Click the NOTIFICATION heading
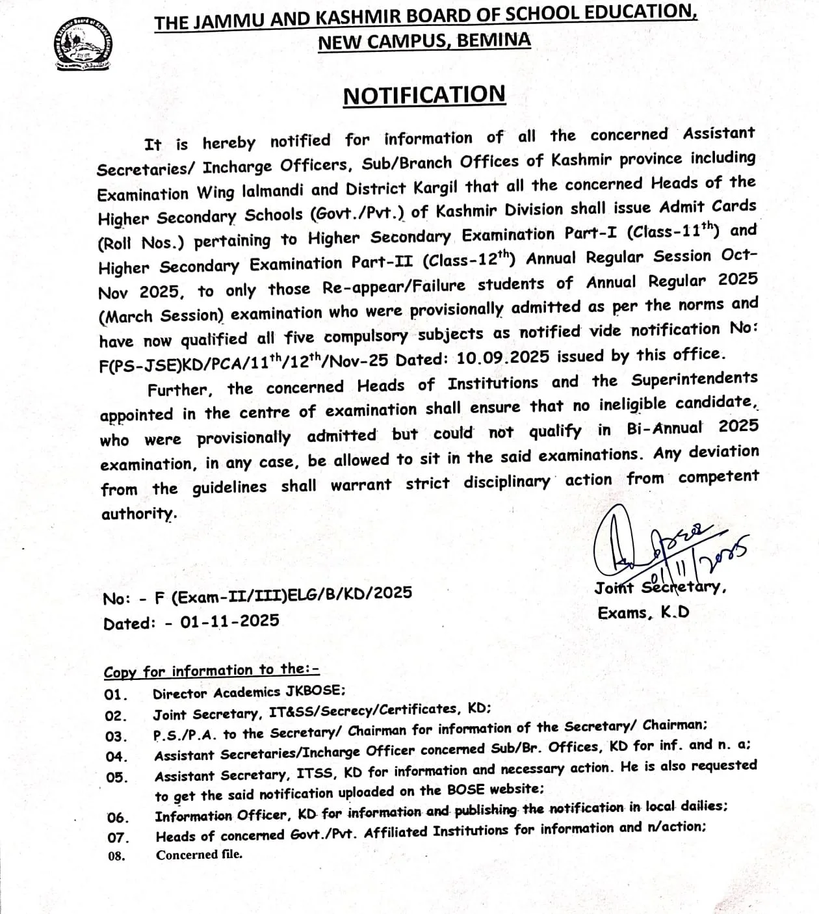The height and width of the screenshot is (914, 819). (424, 95)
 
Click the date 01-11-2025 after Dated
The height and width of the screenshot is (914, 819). (229, 621)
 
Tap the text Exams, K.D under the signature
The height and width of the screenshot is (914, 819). (643, 612)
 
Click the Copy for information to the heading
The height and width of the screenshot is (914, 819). (211, 670)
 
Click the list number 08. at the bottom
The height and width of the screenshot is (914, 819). (117, 856)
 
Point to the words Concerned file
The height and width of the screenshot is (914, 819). (199, 855)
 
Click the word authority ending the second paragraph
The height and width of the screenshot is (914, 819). (138, 514)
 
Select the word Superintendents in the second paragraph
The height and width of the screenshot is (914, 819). (694, 379)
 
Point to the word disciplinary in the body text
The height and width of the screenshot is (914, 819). (506, 482)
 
